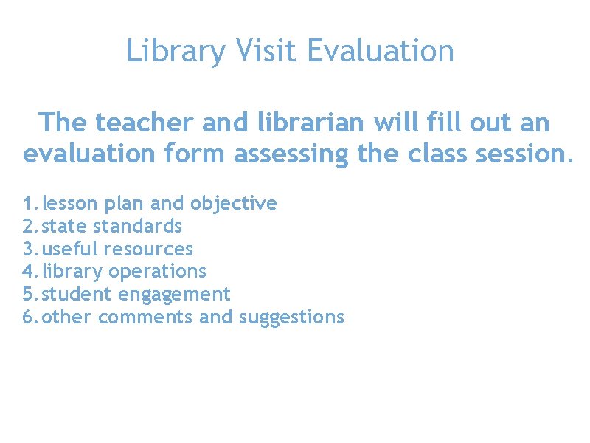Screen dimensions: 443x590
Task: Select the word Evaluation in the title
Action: coord(381,51)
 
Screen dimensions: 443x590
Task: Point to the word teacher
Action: coord(144,123)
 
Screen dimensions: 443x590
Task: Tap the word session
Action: coord(527,154)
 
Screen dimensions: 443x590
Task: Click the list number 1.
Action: coord(29,203)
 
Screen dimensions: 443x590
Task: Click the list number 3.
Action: coord(29,249)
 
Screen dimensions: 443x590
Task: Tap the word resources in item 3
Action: coord(149,249)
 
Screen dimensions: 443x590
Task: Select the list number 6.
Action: coord(29,317)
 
